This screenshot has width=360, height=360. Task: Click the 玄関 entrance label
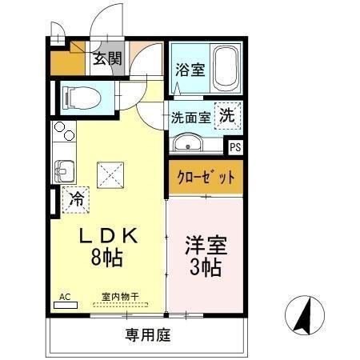point(106,58)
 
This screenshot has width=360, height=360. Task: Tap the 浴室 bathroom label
point(190,70)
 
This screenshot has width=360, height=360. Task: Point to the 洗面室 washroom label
point(190,117)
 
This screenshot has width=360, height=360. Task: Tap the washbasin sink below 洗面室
point(189,144)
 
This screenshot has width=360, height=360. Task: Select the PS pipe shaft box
point(235,147)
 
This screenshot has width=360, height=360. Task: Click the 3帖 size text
point(204,266)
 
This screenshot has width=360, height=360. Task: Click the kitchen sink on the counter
point(63,170)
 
